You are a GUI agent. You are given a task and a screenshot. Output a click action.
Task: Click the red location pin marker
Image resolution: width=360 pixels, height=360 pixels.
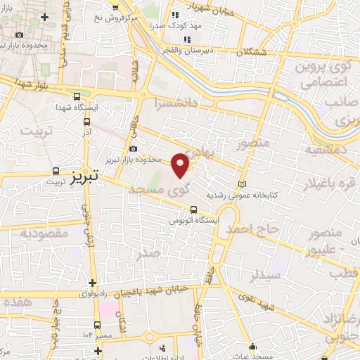coord(181,165)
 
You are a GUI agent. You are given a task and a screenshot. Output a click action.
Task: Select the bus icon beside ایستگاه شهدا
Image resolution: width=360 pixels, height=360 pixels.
coord(77,97)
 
